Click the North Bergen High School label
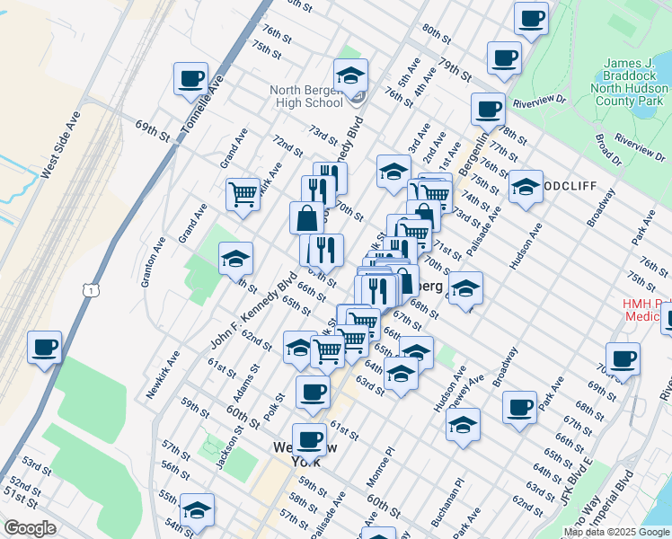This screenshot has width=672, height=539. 307,96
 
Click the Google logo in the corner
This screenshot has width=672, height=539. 30,528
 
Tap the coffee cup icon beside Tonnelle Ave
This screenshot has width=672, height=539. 190,78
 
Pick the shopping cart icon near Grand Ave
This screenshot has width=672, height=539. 243,194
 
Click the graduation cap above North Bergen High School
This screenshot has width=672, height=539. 350,75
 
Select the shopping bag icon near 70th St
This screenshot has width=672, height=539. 307,217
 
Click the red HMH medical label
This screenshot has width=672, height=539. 647,310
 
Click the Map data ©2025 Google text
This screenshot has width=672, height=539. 615,532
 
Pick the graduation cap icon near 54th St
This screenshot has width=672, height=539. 197,510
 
